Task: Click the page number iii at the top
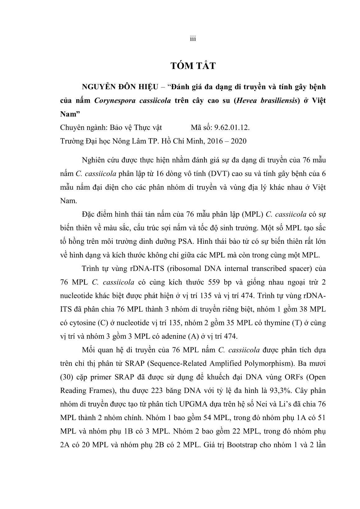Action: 193,39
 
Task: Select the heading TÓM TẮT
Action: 193,66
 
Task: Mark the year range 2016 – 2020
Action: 223,141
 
